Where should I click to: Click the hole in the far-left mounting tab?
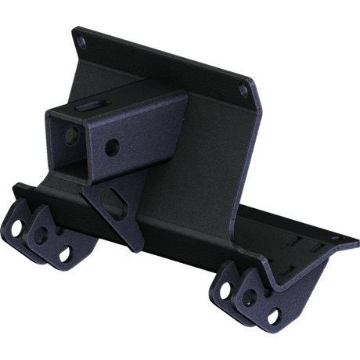point(16,229)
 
